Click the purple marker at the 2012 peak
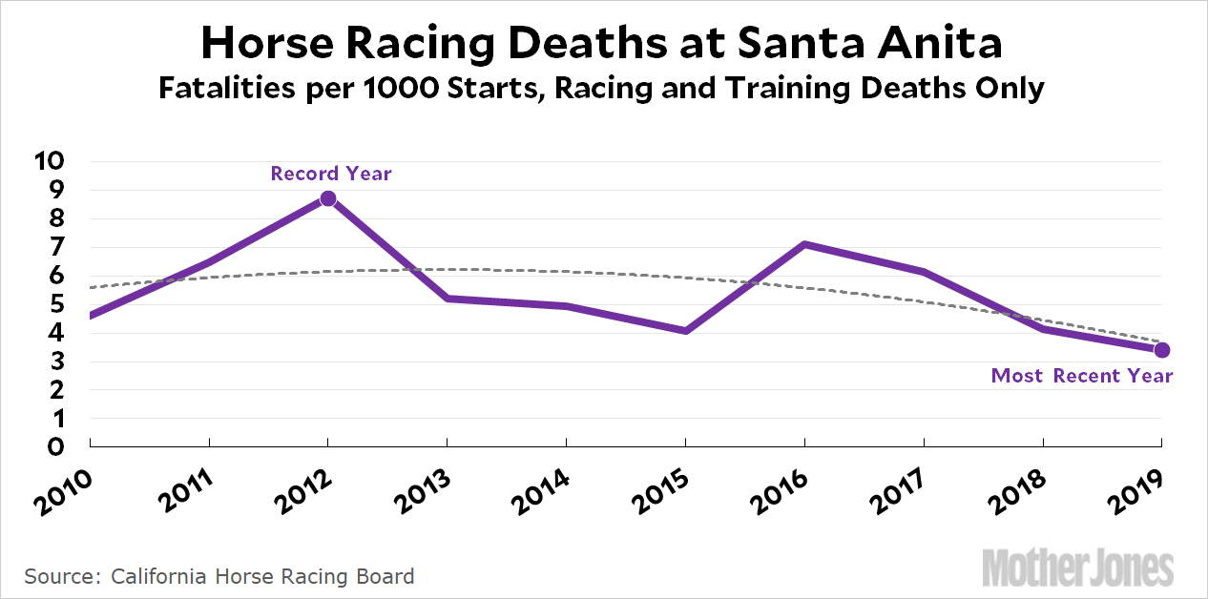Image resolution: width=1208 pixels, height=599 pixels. coord(328,198)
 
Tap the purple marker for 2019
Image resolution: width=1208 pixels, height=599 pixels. coord(1161,350)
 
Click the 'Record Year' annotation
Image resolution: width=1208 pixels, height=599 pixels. coord(331,174)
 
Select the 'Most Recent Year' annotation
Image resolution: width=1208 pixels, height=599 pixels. coord(1082,376)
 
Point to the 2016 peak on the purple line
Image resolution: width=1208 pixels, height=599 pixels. coord(805,244)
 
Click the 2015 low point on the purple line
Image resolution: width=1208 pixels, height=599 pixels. coord(685,331)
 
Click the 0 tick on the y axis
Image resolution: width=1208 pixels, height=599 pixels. coord(56,446)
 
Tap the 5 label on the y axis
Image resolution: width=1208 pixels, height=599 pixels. coord(56,304)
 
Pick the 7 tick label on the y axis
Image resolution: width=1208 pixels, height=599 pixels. coord(56,247)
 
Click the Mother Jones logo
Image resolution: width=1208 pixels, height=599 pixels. coord(1078,568)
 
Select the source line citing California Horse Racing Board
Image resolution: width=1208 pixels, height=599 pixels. coord(219,576)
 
